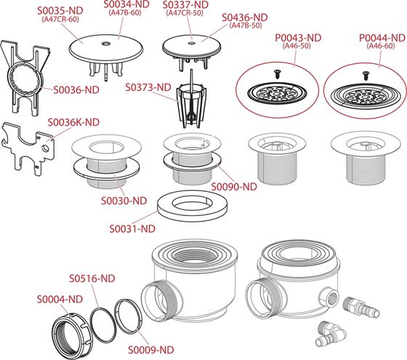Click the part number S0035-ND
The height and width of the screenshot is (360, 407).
coord(60,11)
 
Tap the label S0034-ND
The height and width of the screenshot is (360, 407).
coord(126,4)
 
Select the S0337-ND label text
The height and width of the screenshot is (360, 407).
coord(185,4)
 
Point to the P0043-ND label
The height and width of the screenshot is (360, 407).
coord(298,38)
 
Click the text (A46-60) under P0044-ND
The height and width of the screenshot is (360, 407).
coord(381,46)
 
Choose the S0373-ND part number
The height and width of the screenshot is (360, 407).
coord(148,87)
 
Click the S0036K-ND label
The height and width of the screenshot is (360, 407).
coord(73,122)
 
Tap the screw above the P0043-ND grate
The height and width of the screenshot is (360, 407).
coord(277,73)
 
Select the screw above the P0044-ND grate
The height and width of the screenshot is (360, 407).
coord(366,75)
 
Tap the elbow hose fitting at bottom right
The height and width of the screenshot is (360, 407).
coord(331,334)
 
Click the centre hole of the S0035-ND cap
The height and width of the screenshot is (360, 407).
coord(105,44)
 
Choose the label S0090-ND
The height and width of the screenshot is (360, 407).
coord(234,187)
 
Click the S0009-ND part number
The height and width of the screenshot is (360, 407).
coord(151,350)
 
